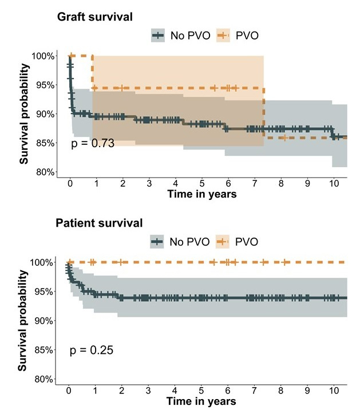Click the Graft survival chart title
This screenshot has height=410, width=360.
[x=95, y=17]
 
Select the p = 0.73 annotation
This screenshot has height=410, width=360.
[x=93, y=143]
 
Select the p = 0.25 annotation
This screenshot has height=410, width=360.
[x=92, y=350]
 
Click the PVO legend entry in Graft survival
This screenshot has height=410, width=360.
[x=238, y=36]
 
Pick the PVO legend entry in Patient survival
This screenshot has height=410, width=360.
[x=238, y=242]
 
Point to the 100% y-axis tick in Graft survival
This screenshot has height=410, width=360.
[x=43, y=56]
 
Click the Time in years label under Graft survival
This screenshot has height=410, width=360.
[x=201, y=194]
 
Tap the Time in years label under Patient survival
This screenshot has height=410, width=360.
[x=201, y=401]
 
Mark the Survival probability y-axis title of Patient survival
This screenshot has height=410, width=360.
[x=23, y=321]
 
